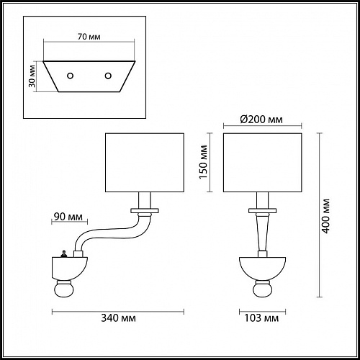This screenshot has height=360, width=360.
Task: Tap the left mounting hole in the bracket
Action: tap(71, 76)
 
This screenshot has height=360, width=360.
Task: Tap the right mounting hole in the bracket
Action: tap(109, 76)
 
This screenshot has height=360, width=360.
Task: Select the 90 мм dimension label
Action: tap(67, 215)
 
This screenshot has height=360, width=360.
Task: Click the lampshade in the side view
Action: tap(147, 162)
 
